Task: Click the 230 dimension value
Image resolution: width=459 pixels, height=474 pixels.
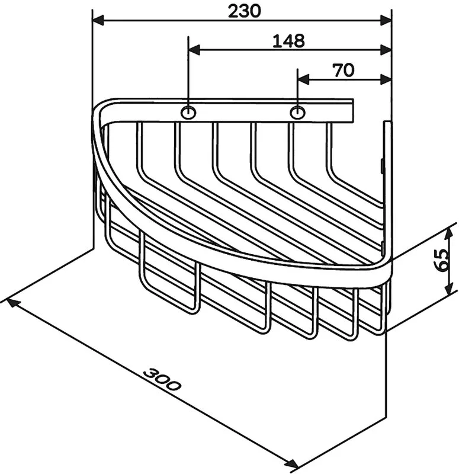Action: point(244,11)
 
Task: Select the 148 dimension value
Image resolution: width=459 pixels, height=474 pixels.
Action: point(288,41)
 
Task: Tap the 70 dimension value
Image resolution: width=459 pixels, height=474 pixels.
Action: point(344,70)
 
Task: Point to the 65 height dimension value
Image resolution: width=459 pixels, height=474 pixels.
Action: point(441,260)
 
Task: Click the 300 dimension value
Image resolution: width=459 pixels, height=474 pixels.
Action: point(162,379)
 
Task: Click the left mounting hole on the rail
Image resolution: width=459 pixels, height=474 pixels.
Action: point(188,113)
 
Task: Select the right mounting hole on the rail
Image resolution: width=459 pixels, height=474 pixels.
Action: point(297,113)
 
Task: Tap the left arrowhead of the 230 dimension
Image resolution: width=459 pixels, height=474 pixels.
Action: point(98,21)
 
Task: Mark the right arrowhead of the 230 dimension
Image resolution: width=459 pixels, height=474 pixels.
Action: point(386,21)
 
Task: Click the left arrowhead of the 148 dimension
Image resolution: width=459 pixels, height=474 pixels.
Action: point(194,50)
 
